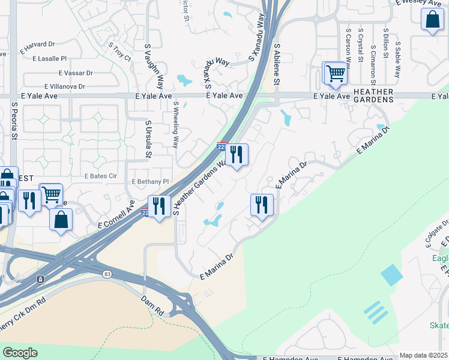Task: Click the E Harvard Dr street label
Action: click(37, 44)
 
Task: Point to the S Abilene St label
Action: click(277, 63)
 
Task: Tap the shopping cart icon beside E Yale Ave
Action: click(336, 73)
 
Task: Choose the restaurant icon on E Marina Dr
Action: click(262, 205)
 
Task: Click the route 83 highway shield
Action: click(107, 274)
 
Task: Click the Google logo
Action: click(20, 353)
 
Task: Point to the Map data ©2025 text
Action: click(423, 355)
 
